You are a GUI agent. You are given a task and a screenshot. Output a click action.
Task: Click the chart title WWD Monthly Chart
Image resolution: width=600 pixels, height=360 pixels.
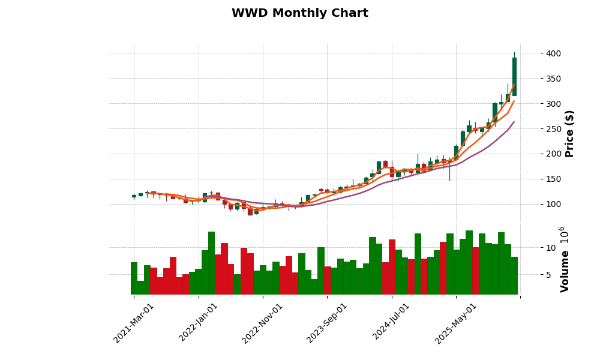pos(299,13)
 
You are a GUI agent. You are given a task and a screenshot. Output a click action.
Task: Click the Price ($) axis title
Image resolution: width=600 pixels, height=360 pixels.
pos(569,133)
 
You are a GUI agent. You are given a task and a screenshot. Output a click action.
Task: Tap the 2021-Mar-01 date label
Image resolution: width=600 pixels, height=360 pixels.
pos(134,323)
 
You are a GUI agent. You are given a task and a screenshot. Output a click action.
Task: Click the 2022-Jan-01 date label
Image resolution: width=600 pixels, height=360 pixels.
pos(199,323)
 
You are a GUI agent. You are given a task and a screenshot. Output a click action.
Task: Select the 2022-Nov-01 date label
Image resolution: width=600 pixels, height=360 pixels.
pos(262,323)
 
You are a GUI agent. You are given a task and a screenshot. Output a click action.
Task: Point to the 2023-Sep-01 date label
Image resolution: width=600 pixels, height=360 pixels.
pos(327,323)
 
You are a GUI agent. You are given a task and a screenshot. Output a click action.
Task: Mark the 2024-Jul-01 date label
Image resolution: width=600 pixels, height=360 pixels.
pos(391,323)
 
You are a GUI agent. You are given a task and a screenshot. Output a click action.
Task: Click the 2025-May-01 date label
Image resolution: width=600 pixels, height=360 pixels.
pos(456,323)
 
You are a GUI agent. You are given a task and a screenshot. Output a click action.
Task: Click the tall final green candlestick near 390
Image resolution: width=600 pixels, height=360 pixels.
pos(514,77)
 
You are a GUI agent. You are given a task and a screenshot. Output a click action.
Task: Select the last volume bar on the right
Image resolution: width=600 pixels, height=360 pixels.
pos(514,275)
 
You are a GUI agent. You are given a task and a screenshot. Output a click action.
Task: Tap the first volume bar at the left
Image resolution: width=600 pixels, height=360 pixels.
pos(134,278)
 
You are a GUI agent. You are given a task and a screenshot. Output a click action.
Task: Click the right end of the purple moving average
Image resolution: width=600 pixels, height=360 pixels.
pos(514,122)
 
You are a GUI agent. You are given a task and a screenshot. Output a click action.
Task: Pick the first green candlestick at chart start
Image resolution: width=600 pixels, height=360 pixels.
pos(134,196)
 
